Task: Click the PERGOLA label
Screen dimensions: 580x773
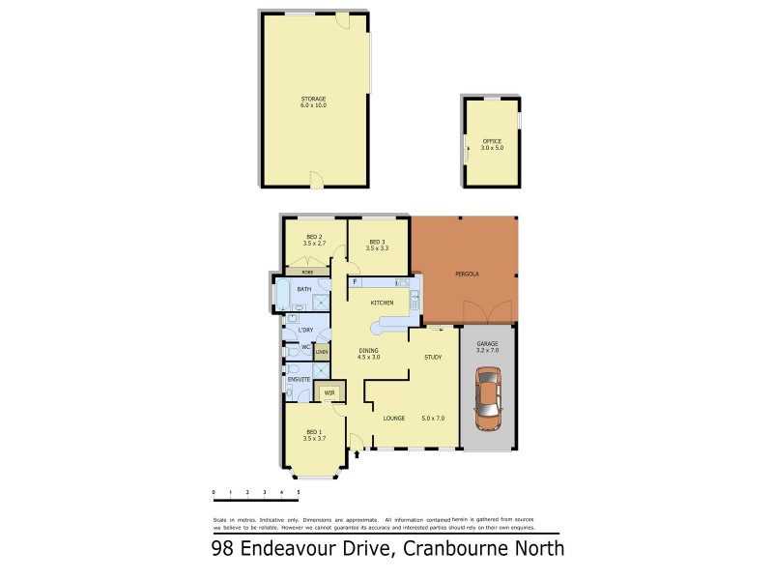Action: [x=467, y=275]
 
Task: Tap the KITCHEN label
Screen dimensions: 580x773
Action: [x=381, y=304]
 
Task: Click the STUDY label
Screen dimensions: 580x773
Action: [x=433, y=358]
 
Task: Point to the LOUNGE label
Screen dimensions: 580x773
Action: [x=392, y=419]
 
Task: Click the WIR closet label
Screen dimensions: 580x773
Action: [x=329, y=392]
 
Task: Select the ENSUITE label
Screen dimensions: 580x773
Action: [x=299, y=380]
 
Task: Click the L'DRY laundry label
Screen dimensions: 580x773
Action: [x=290, y=333]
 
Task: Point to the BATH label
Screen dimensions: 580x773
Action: [x=304, y=290]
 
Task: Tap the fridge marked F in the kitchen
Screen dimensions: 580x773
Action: [x=356, y=281]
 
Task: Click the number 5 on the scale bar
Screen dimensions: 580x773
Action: [x=298, y=492]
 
